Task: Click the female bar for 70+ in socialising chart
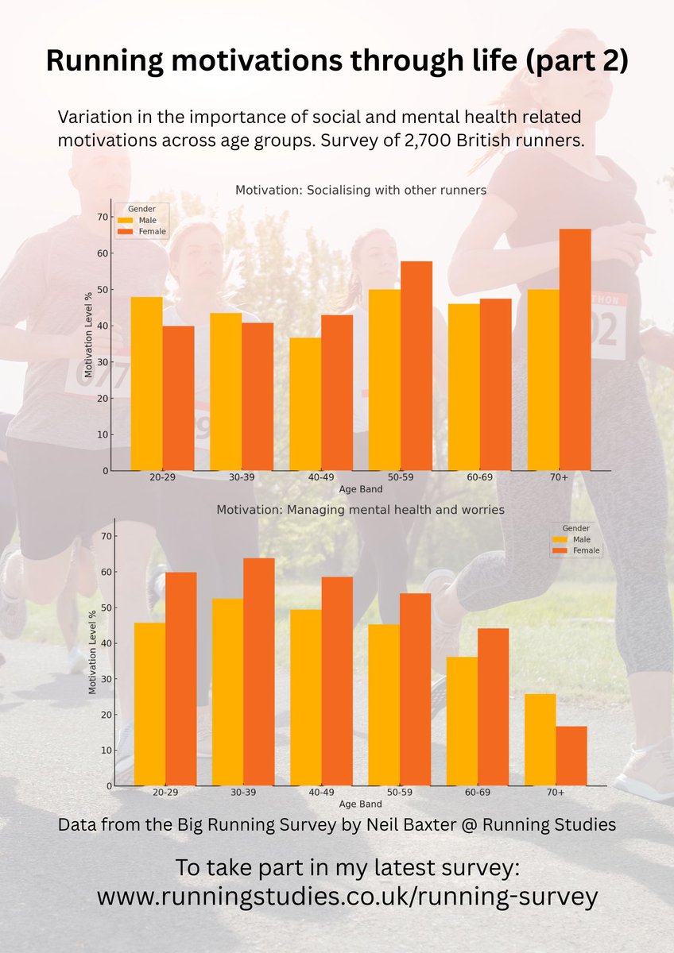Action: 575,349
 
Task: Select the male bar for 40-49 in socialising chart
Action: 305,404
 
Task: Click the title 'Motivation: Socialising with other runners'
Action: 361,191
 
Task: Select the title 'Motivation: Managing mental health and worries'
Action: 361,509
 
